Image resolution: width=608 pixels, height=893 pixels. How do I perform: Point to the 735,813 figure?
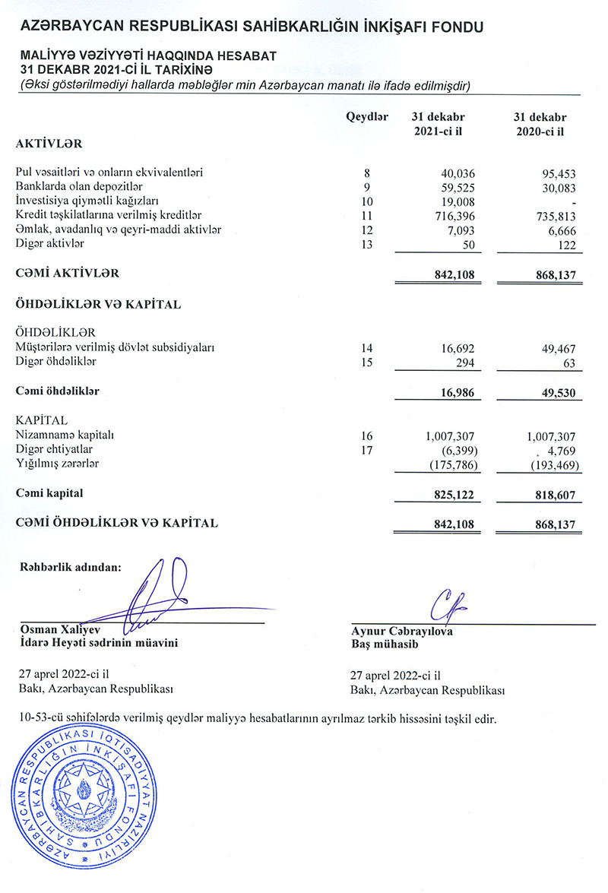click(553, 216)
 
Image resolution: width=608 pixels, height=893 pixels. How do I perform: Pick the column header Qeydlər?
click(367, 118)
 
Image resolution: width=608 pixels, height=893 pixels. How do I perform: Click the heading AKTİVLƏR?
click(48, 143)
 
